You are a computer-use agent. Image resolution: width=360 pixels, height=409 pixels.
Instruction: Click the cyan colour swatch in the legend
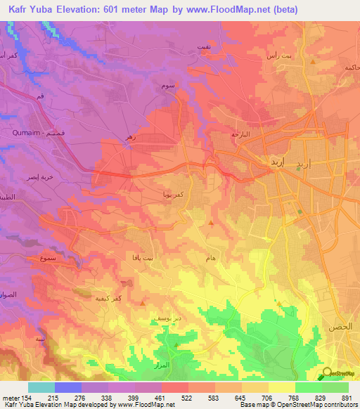tap(41, 387)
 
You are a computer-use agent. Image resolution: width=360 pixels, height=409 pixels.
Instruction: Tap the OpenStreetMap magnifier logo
tap(326, 373)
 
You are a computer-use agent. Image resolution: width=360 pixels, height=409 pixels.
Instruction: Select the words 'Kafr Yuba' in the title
tap(29, 9)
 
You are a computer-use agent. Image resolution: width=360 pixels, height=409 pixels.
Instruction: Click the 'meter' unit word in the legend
tap(11, 398)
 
